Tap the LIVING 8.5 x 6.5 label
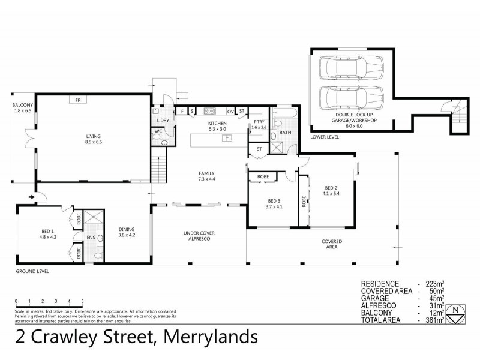click(x=93, y=140)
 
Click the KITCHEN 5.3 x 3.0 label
click(x=217, y=125)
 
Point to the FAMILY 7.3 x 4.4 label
click(x=206, y=176)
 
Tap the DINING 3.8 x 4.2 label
click(x=127, y=232)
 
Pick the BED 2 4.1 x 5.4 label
click(x=331, y=190)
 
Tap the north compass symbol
click(x=458, y=311)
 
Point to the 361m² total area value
click(x=434, y=320)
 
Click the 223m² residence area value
click(x=434, y=283)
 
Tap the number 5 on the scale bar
click(x=82, y=301)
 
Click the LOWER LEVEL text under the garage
click(x=325, y=137)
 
